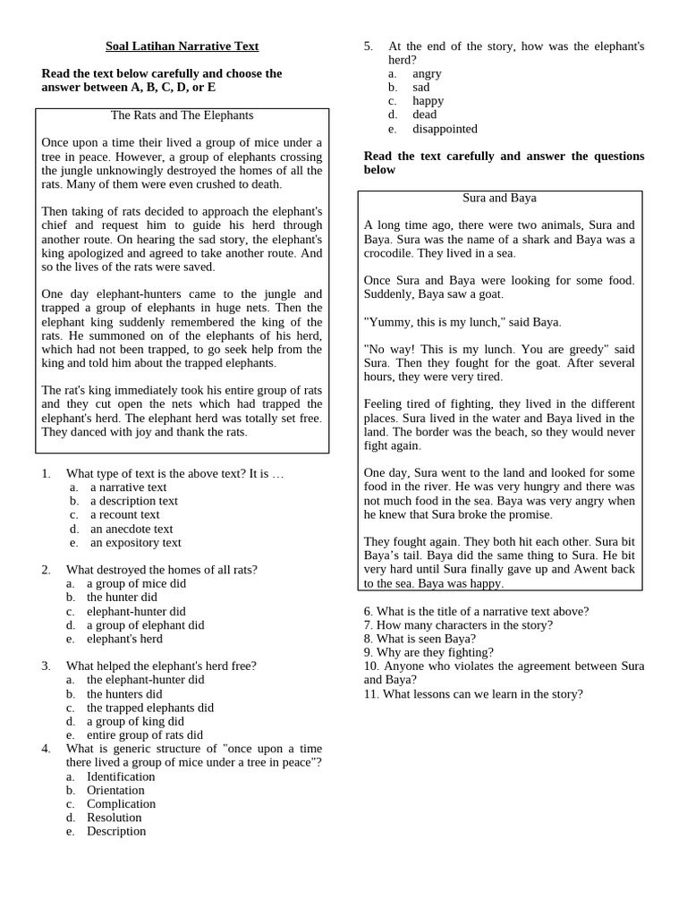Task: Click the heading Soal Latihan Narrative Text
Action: [182, 46]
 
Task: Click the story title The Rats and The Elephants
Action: [182, 115]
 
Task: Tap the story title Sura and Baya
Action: [499, 198]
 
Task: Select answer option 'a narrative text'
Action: [128, 488]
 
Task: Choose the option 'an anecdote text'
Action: [131, 529]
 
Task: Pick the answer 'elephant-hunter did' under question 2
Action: [136, 612]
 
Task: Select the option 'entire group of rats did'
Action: [144, 735]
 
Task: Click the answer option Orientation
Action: [115, 790]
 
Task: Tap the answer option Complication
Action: [121, 803]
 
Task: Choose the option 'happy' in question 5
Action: [428, 101]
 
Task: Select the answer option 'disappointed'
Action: [445, 129]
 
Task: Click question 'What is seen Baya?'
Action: [420, 639]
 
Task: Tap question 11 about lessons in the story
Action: [473, 694]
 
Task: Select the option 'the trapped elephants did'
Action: [149, 708]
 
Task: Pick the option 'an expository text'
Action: [135, 542]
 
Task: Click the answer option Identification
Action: [121, 776]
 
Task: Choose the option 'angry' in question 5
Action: [427, 73]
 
